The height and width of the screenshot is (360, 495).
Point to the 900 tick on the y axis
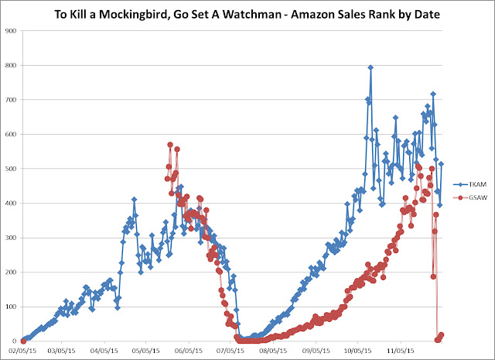(x=10, y=31)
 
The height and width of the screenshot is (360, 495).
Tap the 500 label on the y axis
(x=10, y=169)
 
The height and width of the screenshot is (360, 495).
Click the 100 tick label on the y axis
(x=10, y=307)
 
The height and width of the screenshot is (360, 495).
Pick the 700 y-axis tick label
(x=10, y=100)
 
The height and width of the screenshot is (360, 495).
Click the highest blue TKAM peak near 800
(x=370, y=67)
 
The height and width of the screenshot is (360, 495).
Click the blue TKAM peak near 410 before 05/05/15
(x=134, y=200)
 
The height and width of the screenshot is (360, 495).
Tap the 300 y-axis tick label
(x=10, y=238)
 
